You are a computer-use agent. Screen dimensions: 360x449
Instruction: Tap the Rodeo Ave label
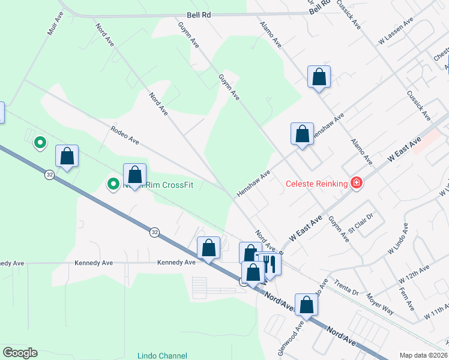125,135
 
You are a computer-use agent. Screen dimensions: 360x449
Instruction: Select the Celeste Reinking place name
317,184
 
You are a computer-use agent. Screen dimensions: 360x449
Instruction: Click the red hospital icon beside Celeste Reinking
357,182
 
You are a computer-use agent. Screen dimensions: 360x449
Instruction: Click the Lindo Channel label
162,356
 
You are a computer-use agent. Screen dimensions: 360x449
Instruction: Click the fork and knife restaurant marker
268,263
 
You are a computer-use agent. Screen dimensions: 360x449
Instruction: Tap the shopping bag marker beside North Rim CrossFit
135,175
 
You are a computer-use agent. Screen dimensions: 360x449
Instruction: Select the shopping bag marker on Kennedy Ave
209,248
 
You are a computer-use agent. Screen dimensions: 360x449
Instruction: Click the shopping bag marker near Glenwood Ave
306,305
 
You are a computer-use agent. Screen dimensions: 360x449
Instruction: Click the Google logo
20,353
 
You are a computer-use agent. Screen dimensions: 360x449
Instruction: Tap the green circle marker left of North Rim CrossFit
113,184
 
